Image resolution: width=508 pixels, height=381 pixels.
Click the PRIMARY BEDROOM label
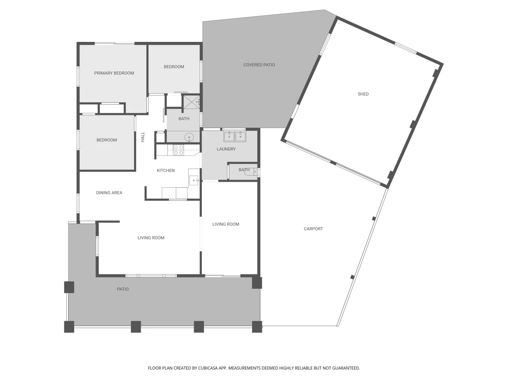(114, 73)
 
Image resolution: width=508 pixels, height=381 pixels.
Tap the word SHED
(363, 94)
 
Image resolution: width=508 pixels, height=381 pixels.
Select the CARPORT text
(313, 229)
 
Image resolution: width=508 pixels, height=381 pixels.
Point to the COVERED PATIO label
(259, 65)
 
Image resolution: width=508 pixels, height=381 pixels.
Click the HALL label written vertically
(143, 137)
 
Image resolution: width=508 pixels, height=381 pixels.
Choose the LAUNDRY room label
(226, 149)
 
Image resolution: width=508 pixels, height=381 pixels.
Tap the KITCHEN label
(165, 170)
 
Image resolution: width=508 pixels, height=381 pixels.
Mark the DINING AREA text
(109, 193)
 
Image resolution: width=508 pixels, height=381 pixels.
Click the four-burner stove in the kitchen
(178, 150)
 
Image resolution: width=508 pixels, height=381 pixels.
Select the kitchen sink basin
(194, 180)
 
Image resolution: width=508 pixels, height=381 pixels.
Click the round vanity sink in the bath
(189, 137)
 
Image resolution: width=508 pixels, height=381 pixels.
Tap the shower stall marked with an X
(191, 102)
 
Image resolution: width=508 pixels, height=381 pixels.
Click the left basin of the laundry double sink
(229, 136)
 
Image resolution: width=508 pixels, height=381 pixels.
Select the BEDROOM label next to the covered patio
(174, 67)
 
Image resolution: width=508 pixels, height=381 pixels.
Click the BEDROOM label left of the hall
(107, 140)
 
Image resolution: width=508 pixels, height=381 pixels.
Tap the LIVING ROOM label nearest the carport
(226, 224)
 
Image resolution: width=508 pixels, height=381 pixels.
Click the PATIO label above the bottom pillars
(123, 289)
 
